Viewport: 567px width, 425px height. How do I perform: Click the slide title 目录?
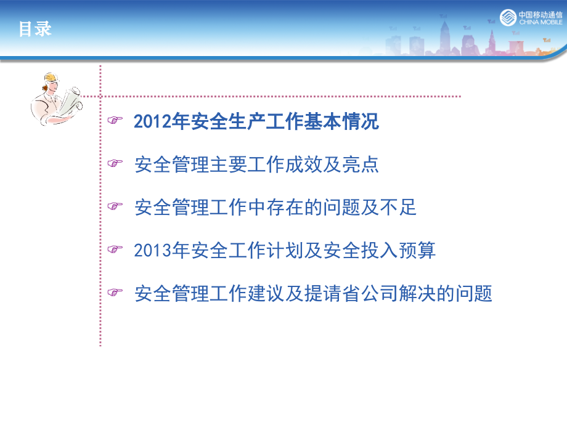coord(35,29)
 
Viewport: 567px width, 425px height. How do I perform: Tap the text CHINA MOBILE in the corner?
coord(540,22)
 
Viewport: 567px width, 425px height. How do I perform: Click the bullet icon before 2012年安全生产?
coord(115,122)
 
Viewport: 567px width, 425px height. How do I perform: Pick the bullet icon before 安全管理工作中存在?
coord(115,208)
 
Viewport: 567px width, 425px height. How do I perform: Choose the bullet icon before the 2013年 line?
coord(115,251)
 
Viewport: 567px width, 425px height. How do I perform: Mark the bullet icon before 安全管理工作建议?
coord(115,293)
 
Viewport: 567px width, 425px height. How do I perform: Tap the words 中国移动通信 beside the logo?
coord(540,14)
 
